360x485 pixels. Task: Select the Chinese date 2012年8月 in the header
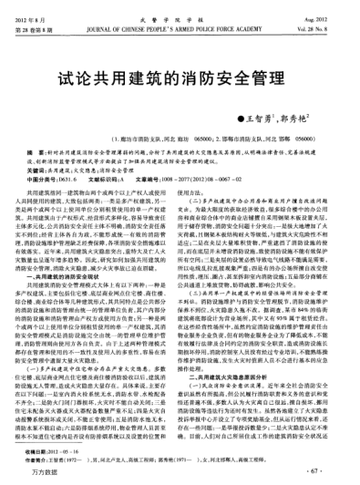(36, 10)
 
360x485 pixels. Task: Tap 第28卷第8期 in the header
(40, 21)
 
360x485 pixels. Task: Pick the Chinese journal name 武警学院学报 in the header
(180, 10)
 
